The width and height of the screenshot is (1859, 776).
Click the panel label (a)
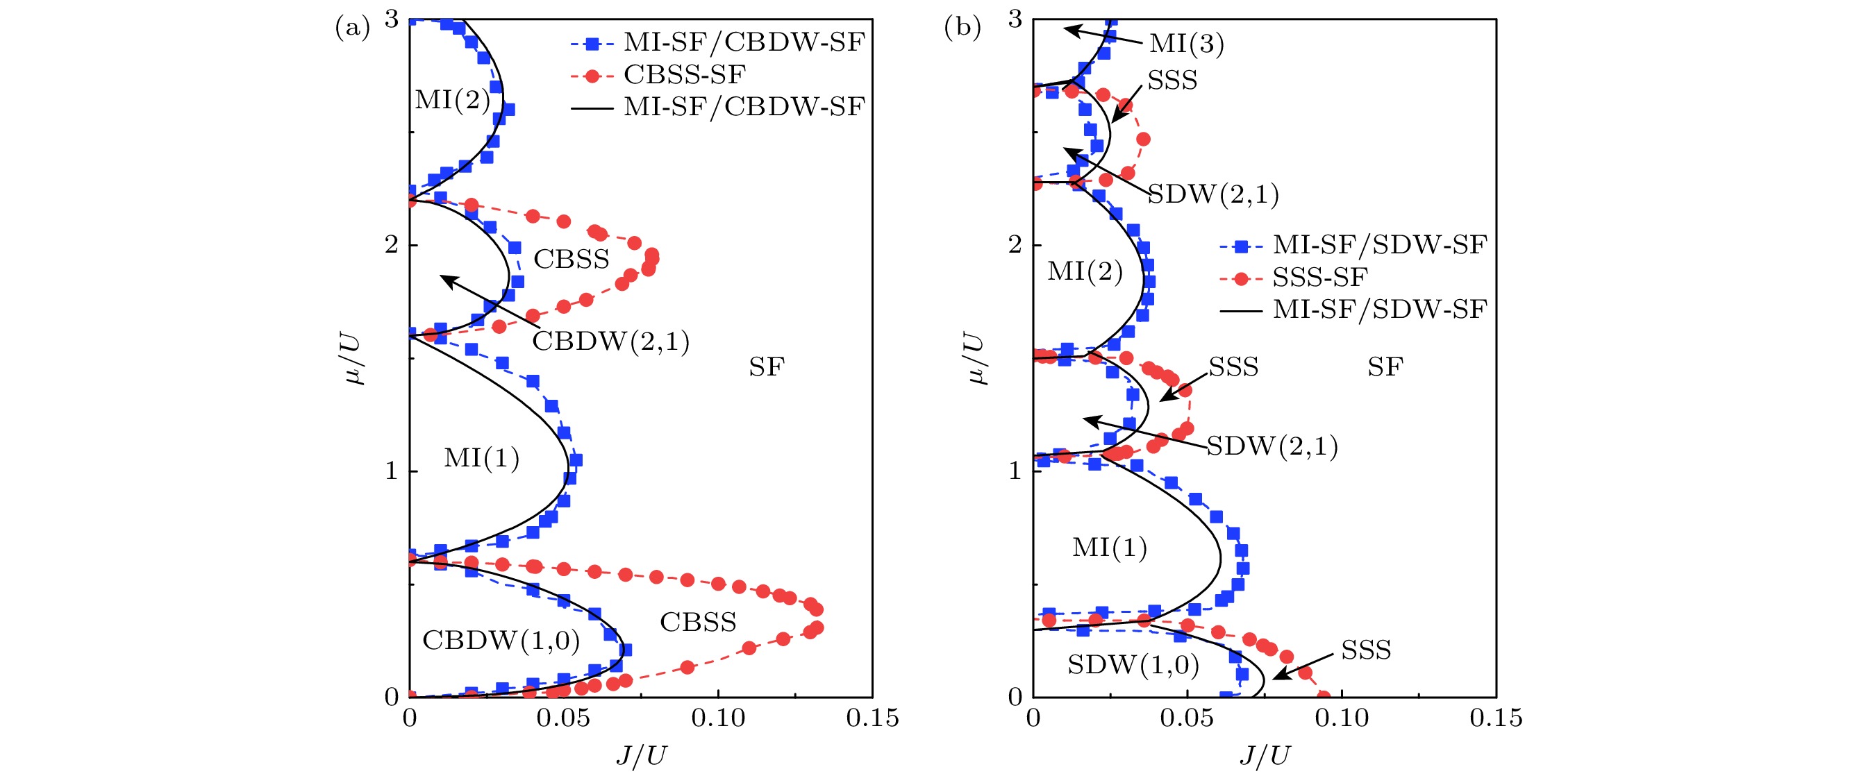click(x=352, y=28)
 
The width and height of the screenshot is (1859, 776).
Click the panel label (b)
click(x=962, y=28)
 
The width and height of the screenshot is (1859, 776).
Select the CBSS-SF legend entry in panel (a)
click(x=684, y=74)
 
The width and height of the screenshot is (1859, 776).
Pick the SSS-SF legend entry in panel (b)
click(x=1320, y=277)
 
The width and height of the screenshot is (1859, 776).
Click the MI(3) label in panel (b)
click(x=1186, y=43)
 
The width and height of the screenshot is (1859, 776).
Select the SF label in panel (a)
click(x=766, y=367)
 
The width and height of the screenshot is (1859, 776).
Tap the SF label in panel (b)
click(x=1385, y=367)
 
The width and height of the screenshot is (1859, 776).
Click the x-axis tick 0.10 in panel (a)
click(x=718, y=718)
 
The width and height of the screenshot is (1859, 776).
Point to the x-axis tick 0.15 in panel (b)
click(x=1496, y=718)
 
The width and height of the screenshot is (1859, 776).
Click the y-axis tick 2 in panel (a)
click(x=391, y=245)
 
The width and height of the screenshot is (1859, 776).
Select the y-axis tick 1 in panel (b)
click(x=1015, y=471)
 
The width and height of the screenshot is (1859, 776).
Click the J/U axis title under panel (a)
click(x=641, y=755)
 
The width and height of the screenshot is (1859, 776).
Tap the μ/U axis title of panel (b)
click(x=975, y=358)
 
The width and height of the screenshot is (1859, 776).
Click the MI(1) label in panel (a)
click(x=481, y=458)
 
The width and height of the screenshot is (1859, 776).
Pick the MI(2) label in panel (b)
click(x=1085, y=271)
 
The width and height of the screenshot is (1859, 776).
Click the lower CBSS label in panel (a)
click(x=698, y=622)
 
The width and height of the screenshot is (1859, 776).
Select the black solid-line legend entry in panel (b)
click(x=1379, y=310)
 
